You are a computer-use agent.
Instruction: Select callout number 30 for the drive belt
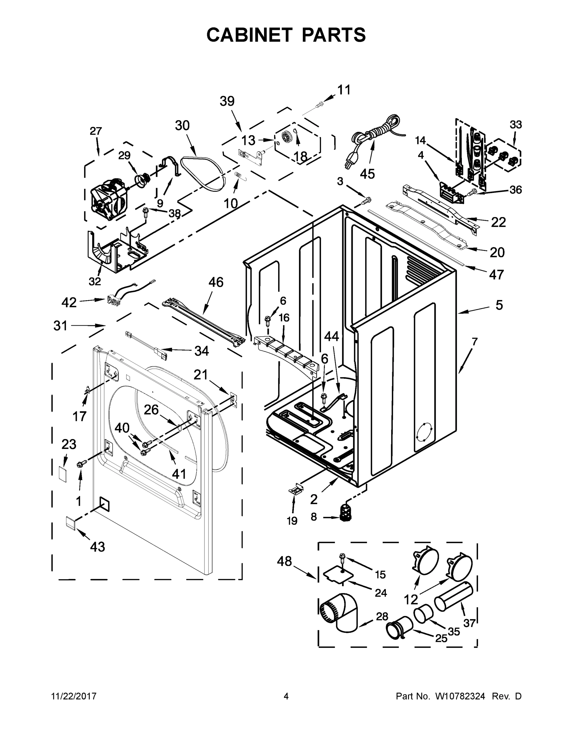[x=182, y=126]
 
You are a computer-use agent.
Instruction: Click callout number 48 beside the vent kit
[x=284, y=561]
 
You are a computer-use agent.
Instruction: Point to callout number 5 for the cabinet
[x=499, y=305]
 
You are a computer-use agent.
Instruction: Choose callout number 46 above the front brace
[x=216, y=282]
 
